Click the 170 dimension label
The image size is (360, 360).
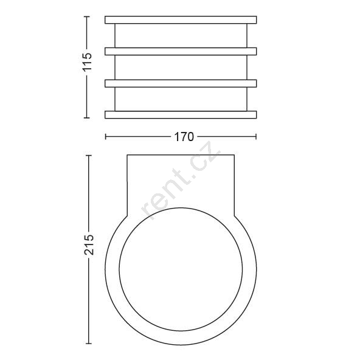(x=184, y=137)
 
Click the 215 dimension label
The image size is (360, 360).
(x=89, y=244)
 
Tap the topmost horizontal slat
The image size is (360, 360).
(x=181, y=20)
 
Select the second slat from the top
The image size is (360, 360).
(x=181, y=52)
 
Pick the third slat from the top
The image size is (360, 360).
(x=181, y=83)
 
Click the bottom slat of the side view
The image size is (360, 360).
(x=181, y=115)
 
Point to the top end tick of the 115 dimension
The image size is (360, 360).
(x=86, y=16)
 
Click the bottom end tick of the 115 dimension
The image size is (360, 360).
(x=86, y=117)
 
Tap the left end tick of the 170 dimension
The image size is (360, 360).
(x=105, y=137)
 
